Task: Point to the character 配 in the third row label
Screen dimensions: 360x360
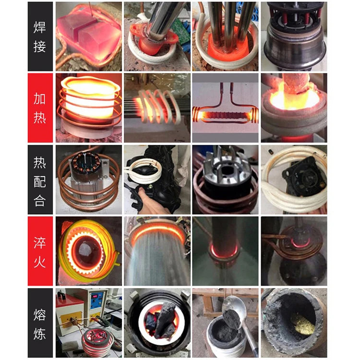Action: tap(40, 180)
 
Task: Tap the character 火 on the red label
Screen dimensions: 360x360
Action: tap(40, 263)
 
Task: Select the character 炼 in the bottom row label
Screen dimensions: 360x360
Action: tap(40, 335)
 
